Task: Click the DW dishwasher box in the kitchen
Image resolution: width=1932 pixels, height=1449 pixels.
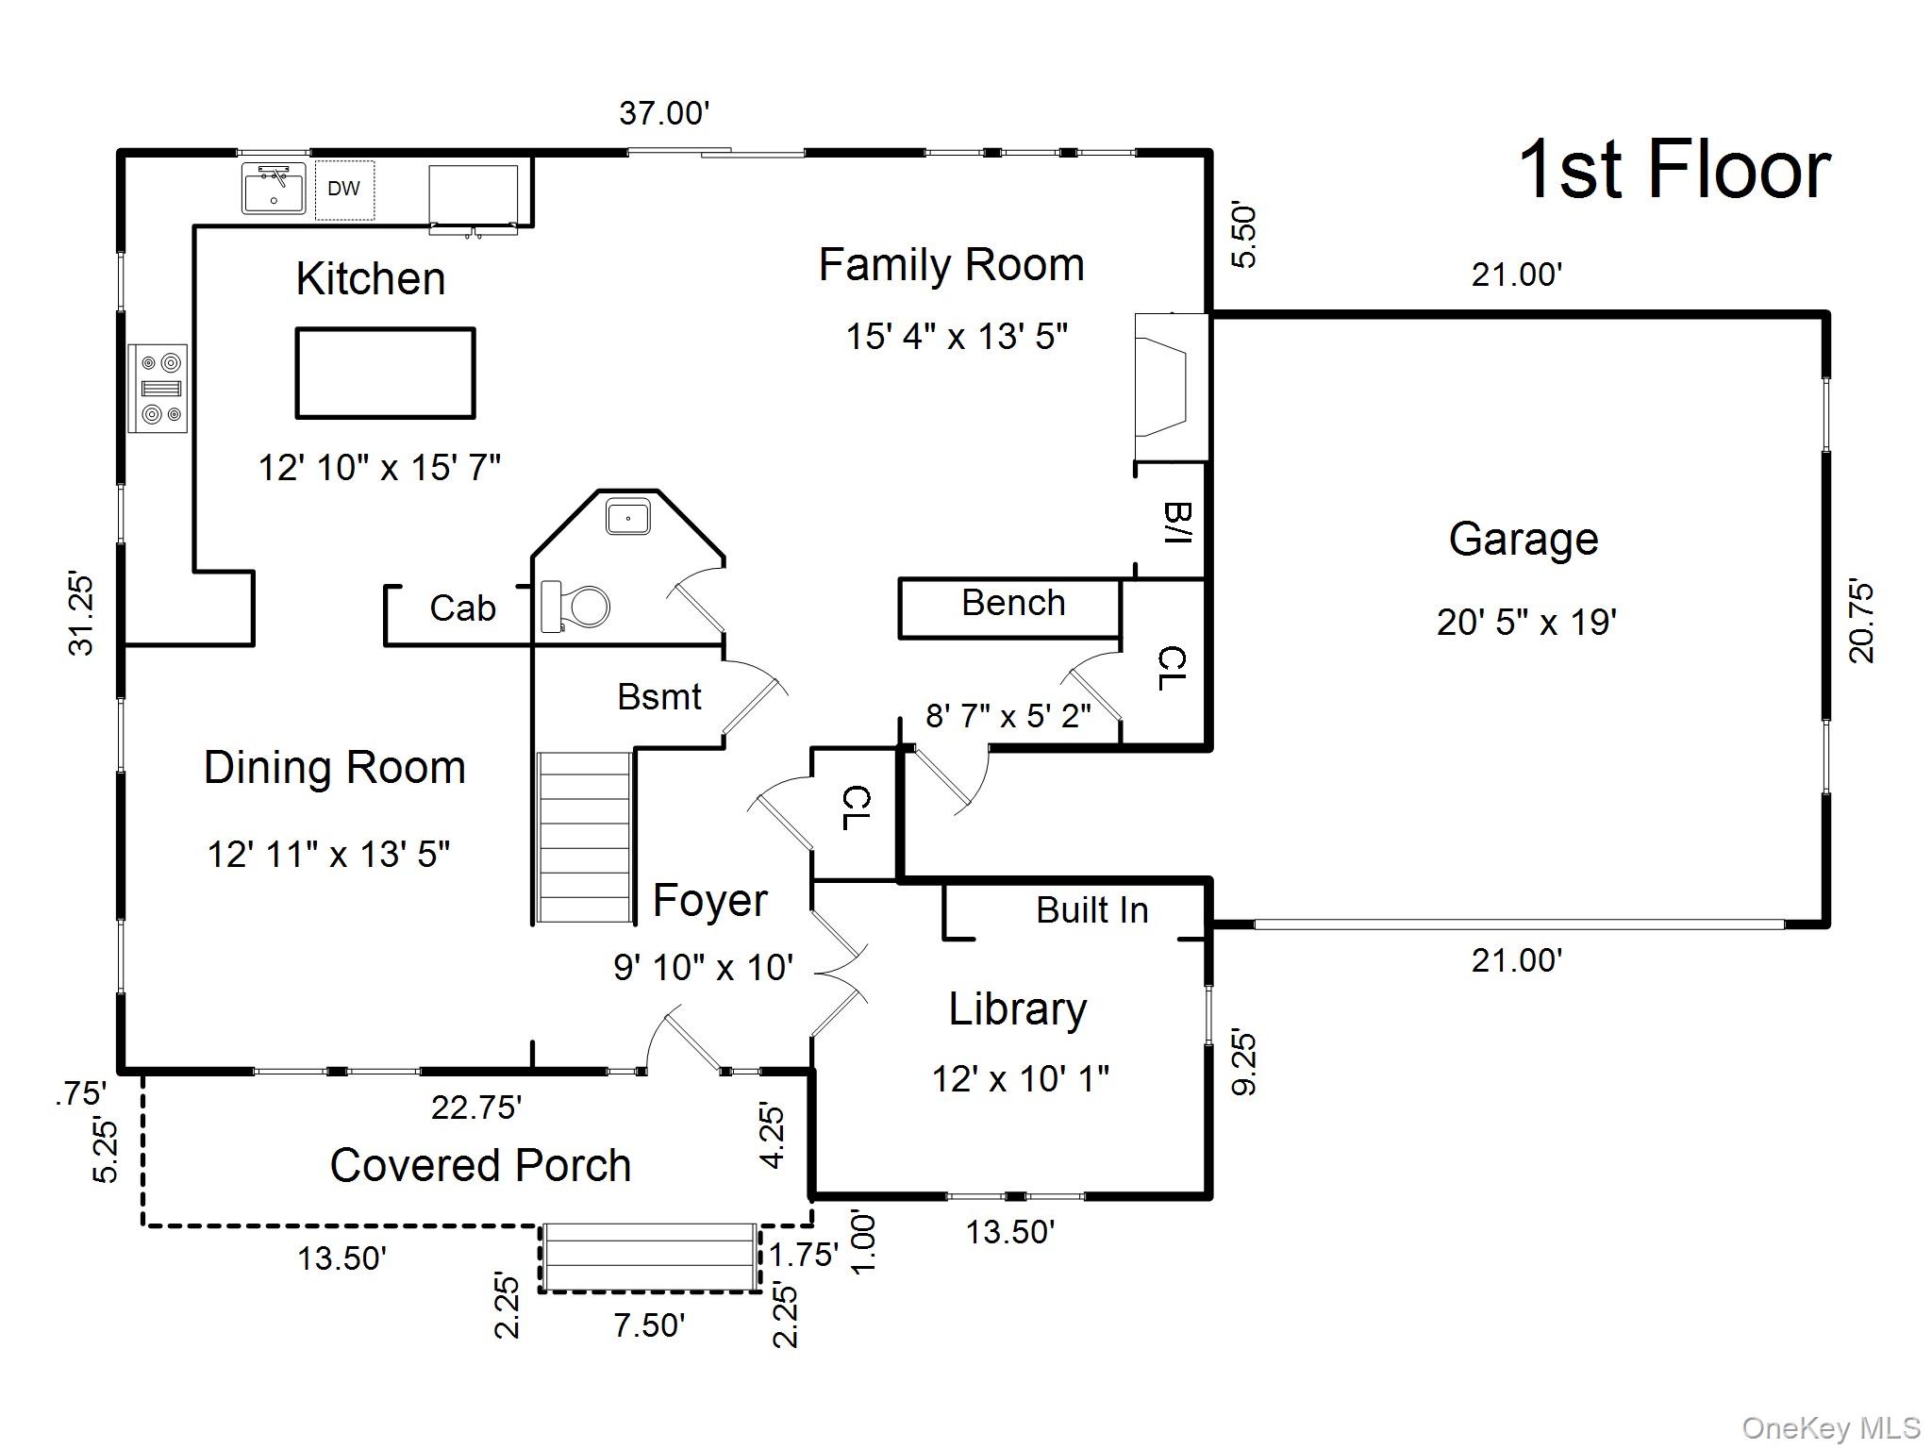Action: point(344,190)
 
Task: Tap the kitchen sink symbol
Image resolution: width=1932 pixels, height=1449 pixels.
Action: point(274,188)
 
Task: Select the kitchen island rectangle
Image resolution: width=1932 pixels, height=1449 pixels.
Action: point(385,373)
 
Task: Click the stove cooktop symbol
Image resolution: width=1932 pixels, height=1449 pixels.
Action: point(158,388)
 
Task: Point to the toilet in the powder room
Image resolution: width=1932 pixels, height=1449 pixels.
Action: point(575,606)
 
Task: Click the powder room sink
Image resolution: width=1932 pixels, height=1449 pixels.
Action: point(628,518)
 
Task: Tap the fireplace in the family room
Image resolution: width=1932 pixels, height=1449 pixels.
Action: point(1168,388)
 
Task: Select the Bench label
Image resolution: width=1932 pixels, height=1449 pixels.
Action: point(1013,603)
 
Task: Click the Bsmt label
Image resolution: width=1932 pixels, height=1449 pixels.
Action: point(658,697)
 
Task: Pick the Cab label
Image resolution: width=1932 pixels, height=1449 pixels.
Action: point(462,608)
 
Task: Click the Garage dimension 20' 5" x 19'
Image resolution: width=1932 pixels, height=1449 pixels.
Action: point(1526,623)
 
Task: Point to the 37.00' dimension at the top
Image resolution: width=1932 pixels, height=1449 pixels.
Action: point(664,113)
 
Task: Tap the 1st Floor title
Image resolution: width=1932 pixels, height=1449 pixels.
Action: point(1674,171)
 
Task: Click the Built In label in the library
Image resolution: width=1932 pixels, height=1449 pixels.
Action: point(1091,910)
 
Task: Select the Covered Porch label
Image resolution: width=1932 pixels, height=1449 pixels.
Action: point(480,1165)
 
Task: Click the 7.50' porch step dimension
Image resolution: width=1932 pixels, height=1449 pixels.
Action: point(649,1325)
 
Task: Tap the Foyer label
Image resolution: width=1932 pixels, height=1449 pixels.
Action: point(709,901)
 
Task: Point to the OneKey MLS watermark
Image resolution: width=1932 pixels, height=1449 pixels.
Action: point(1830,1429)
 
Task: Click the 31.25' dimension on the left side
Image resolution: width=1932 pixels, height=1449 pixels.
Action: point(82,613)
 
